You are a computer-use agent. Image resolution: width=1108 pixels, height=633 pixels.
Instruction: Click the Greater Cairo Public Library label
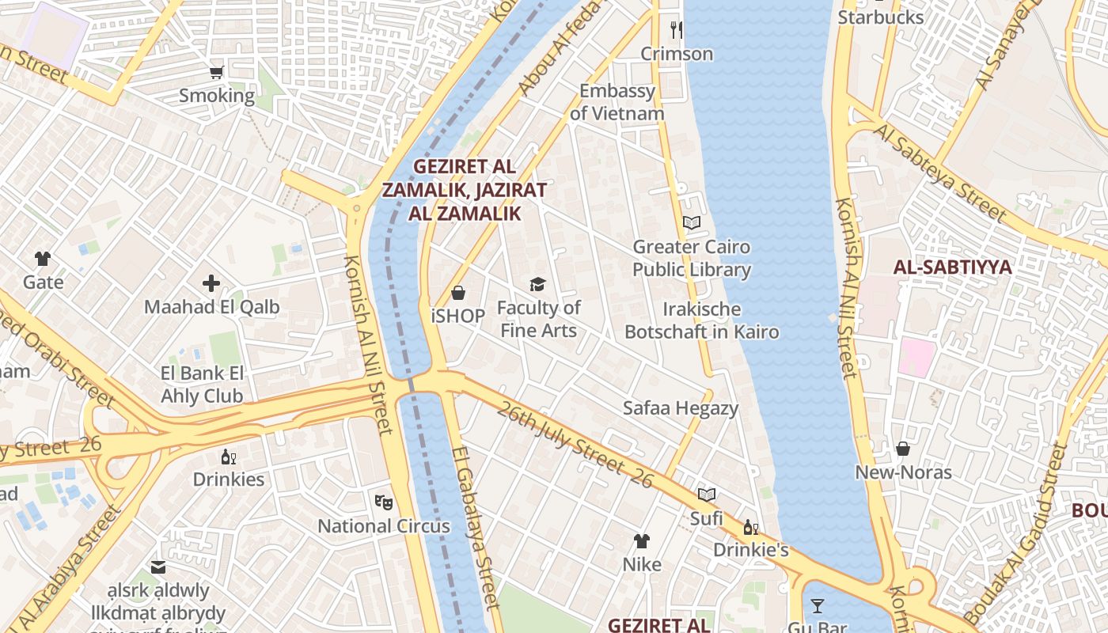pos(691,258)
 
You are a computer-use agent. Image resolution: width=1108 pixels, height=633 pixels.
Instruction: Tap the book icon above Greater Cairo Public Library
pos(692,223)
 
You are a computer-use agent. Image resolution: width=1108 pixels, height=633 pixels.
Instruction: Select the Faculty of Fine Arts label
pos(538,319)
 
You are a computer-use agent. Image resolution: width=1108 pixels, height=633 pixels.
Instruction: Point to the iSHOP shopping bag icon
pos(457,294)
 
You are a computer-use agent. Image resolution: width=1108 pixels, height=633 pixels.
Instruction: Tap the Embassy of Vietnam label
pos(617,102)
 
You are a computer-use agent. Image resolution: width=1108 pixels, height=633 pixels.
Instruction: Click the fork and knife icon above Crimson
pos(676,30)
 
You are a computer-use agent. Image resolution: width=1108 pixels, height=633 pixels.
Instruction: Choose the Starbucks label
pos(880,17)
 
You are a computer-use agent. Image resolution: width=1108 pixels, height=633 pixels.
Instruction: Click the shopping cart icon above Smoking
pos(216,73)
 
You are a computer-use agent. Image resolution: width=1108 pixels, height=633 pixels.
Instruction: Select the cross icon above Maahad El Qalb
pos(211,283)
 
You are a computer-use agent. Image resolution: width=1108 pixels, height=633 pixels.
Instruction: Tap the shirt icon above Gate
pos(43,259)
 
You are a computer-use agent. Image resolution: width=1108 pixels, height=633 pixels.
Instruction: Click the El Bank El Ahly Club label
pos(202,385)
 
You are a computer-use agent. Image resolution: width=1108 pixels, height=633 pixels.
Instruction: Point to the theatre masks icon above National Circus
pos(383,502)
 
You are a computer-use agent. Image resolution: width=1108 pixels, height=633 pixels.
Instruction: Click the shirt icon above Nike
pos(641,541)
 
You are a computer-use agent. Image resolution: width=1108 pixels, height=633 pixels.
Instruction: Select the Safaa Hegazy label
pos(680,408)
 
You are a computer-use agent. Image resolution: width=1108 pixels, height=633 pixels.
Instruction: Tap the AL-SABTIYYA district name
pos(952,267)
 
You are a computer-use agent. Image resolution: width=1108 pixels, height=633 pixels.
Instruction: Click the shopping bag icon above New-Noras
pos(902,449)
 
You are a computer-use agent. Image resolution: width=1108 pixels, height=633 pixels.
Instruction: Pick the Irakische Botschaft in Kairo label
pos(701,320)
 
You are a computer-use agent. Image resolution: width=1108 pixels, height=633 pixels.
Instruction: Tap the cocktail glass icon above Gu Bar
pos(818,606)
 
